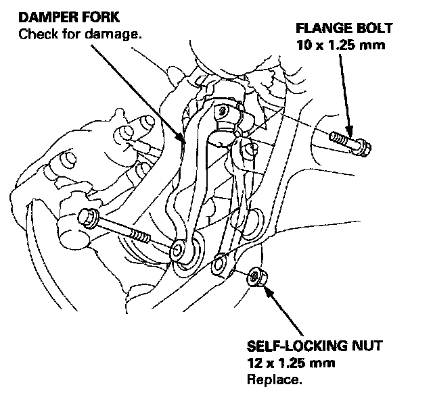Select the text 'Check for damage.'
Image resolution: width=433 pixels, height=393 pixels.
79,34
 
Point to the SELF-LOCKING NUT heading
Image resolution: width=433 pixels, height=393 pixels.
315,346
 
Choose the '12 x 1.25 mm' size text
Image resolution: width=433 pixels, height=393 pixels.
292,363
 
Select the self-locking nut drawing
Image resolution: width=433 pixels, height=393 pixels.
256,277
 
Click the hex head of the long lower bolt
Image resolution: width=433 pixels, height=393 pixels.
88,218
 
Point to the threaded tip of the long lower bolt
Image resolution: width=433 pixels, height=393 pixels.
141,238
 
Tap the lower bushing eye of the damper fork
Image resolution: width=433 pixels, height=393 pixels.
179,251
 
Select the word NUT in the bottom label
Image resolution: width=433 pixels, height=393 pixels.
366,346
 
